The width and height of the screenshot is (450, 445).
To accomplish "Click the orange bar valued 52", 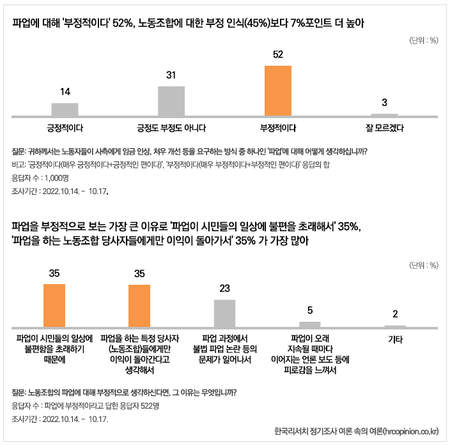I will [x=278, y=90].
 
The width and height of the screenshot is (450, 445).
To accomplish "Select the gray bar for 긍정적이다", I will [x=65, y=109].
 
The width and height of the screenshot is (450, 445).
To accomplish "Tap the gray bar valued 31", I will [x=171, y=101].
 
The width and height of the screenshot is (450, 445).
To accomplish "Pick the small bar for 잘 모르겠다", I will [x=384, y=115].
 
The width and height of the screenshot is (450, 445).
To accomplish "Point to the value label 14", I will [x=65, y=92].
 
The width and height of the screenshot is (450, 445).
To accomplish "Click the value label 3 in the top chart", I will [x=384, y=103].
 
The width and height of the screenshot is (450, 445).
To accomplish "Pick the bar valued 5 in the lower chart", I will [x=310, y=324].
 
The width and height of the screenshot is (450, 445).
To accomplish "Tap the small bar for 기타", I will [x=395, y=326].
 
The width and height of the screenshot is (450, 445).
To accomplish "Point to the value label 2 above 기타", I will [x=395, y=313].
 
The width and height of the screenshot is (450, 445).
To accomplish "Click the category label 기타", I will [x=395, y=340].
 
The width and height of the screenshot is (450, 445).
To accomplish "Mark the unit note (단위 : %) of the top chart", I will [x=423, y=40].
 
